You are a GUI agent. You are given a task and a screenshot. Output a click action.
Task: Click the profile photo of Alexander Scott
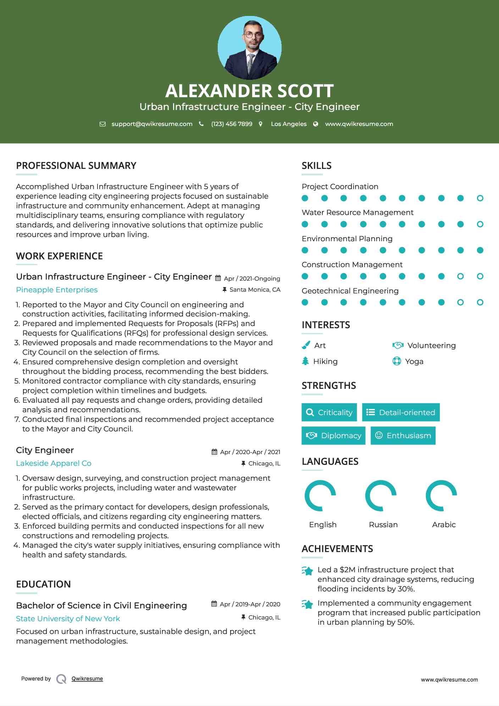point(249,48)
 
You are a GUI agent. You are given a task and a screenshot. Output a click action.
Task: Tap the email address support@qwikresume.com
point(152,124)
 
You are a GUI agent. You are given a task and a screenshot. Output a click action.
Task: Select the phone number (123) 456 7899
point(232,124)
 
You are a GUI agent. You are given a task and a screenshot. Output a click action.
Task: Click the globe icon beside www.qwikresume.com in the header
point(316,124)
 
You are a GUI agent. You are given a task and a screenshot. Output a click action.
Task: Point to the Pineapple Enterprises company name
point(57,290)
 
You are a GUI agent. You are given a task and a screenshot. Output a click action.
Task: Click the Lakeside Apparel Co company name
point(54,463)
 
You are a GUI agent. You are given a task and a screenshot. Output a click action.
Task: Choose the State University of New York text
point(68,619)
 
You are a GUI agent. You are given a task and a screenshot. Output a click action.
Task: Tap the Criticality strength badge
point(329,412)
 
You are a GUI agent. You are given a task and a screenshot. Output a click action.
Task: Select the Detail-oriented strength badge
point(401,412)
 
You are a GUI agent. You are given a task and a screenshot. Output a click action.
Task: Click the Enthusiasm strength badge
point(403,435)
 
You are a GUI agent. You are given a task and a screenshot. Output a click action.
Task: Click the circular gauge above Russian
point(381,496)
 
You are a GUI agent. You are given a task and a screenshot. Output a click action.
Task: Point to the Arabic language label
point(444,525)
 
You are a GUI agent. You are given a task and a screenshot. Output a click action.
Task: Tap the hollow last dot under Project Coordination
point(480,198)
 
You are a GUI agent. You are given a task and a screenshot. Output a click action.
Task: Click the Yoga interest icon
point(397,361)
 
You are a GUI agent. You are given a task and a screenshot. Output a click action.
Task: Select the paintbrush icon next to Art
point(306,345)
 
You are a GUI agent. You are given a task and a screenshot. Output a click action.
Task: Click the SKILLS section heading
point(316,166)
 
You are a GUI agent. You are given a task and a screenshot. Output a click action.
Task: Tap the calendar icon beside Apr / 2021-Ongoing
point(218,278)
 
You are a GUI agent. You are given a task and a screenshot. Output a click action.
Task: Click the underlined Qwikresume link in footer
point(87,679)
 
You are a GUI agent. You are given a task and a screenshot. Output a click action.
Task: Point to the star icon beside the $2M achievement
point(307,571)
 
